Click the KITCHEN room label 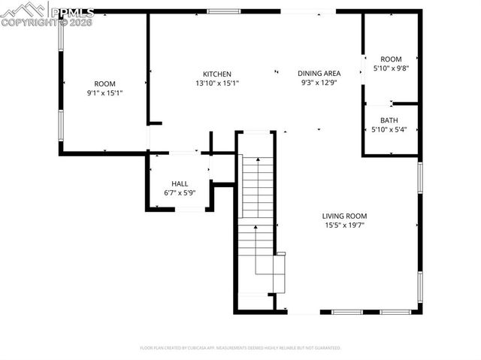click(216, 74)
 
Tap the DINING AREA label click(319, 74)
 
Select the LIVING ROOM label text click(344, 216)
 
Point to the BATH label click(389, 120)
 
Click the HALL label click(180, 183)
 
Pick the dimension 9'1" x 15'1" click(104, 93)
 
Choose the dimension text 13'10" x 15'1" click(216, 83)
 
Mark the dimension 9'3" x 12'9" click(319, 83)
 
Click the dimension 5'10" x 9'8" click(390, 69)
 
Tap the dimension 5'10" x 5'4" click(389, 130)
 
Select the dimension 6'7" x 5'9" click(180, 193)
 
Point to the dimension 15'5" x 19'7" click(344, 225)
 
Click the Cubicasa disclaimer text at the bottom click(240, 348)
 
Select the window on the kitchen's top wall click(219, 12)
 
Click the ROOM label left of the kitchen click(104, 83)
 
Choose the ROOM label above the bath click(391, 59)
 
